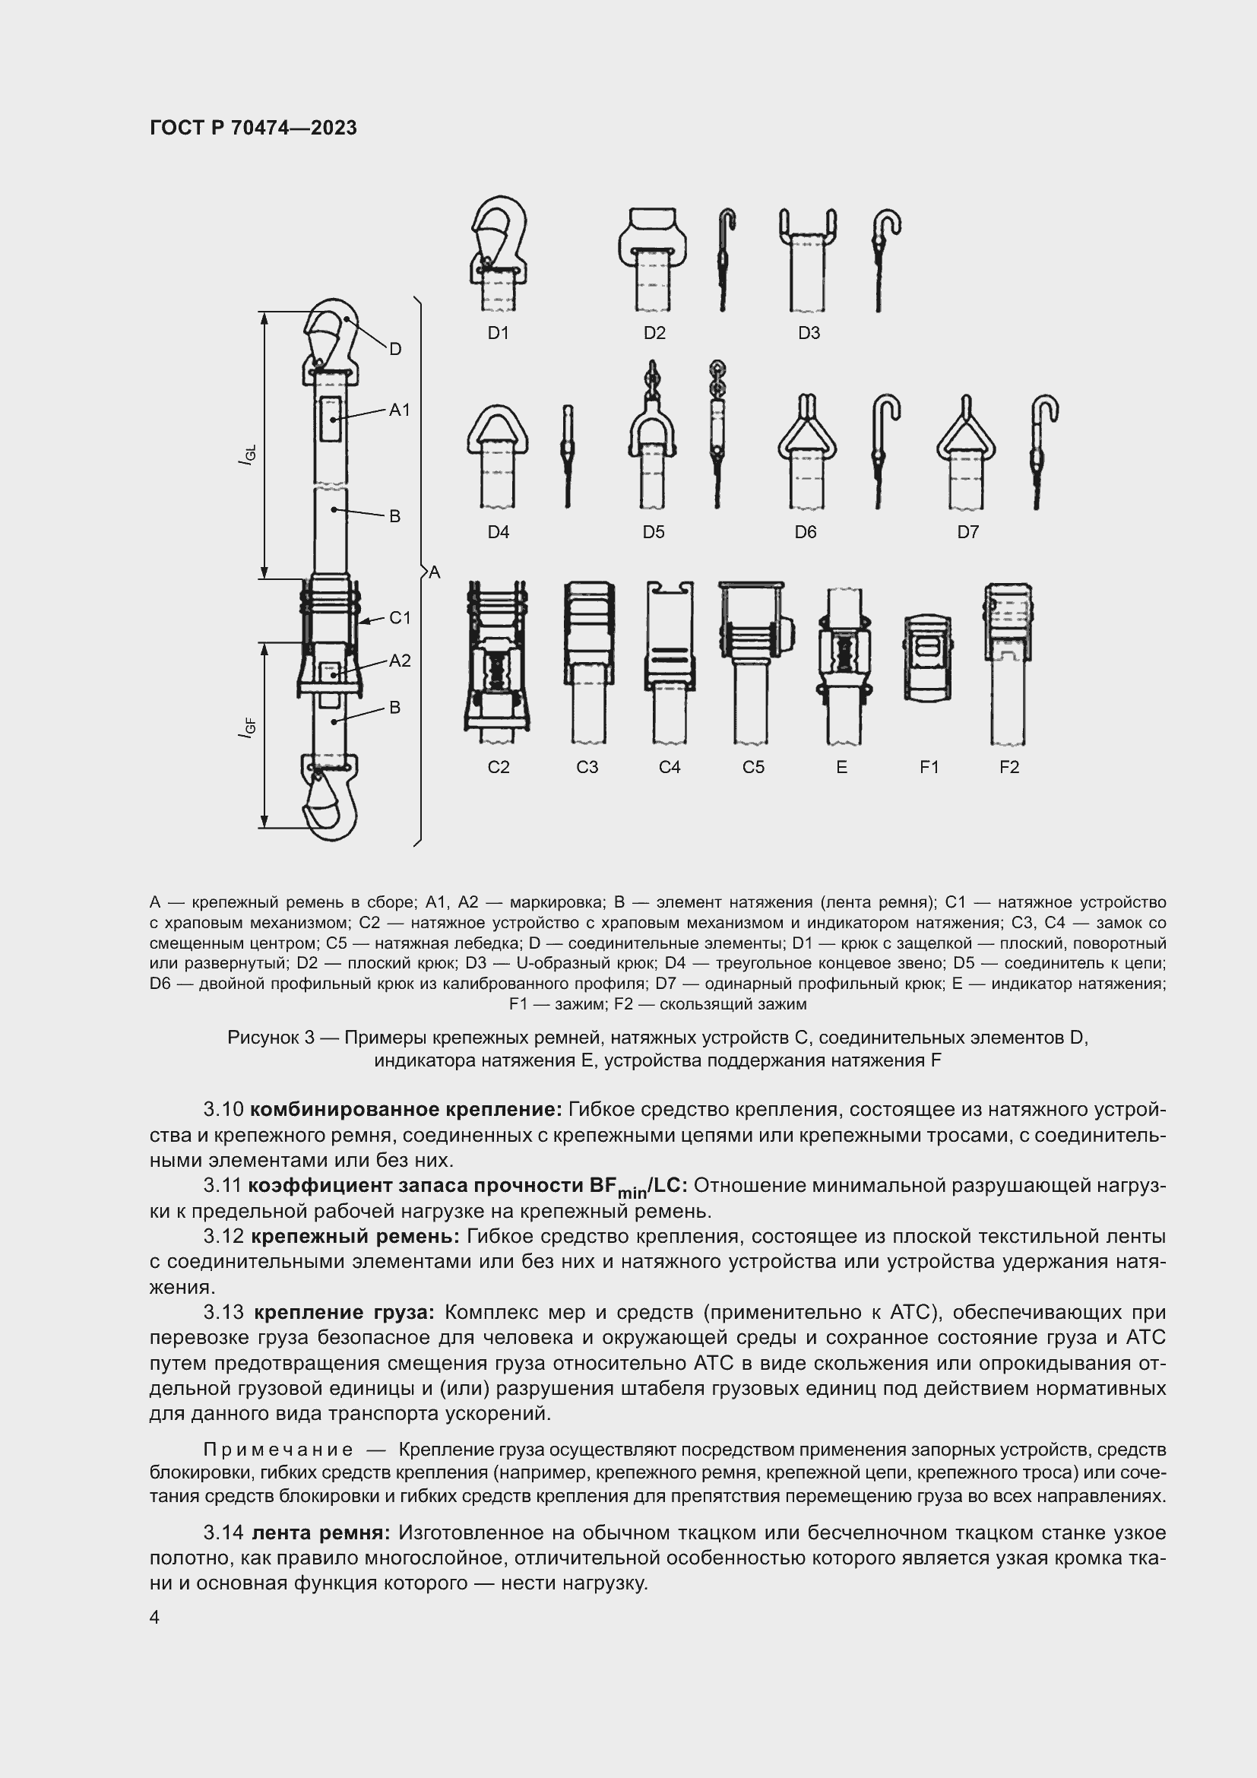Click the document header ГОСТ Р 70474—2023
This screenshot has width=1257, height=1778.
(x=253, y=128)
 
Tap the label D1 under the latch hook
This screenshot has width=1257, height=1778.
(x=498, y=333)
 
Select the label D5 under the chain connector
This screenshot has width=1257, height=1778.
(x=654, y=532)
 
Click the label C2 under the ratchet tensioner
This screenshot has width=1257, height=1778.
(x=499, y=767)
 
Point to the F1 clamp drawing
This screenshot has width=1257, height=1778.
(x=927, y=658)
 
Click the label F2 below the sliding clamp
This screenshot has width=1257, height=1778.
(x=1009, y=767)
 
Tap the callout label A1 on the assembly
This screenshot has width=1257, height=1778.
(x=400, y=410)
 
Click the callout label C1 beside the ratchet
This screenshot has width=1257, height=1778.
(x=400, y=617)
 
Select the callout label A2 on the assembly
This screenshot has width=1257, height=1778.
(x=400, y=661)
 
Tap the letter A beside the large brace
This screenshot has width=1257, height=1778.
(x=434, y=572)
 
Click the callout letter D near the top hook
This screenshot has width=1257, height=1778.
(x=394, y=349)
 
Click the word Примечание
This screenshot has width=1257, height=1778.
(x=278, y=1450)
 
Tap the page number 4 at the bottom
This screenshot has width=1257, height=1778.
(x=154, y=1618)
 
